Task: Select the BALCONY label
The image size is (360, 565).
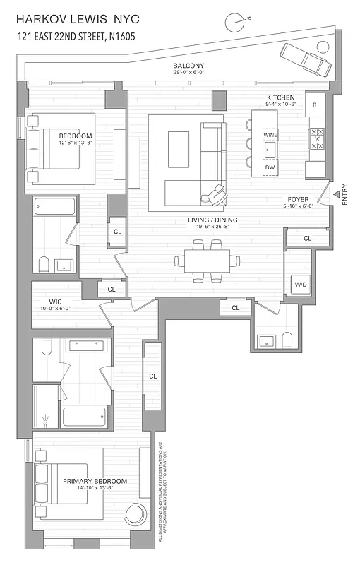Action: [188, 66]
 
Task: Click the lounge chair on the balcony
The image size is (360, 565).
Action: [306, 59]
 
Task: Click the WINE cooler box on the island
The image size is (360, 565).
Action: [270, 134]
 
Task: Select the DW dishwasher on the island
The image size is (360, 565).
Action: [270, 168]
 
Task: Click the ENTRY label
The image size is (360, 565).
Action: [344, 195]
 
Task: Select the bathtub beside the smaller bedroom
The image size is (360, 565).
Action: [54, 207]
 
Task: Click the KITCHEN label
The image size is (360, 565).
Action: [280, 97]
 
